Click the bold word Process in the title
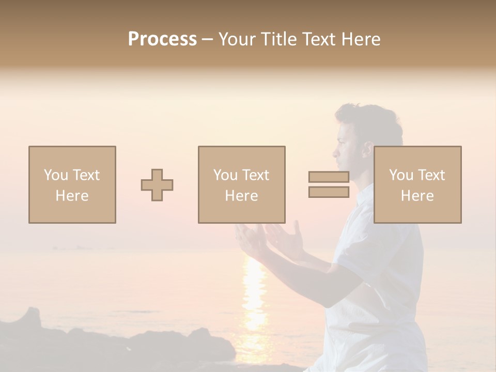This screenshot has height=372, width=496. pyautogui.click(x=162, y=39)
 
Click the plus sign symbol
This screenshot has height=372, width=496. pyautogui.click(x=157, y=185)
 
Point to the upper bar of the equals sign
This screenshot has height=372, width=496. pyautogui.click(x=329, y=177)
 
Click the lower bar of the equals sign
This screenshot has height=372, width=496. pyautogui.click(x=329, y=192)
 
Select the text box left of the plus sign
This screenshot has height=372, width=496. pyautogui.click(x=72, y=184)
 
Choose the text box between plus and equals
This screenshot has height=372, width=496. pyautogui.click(x=241, y=184)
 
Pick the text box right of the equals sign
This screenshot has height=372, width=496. pyautogui.click(x=417, y=184)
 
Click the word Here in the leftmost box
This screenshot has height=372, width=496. pyautogui.click(x=72, y=196)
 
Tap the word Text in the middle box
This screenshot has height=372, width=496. pyautogui.click(x=256, y=175)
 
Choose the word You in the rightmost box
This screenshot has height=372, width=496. pyautogui.click(x=401, y=175)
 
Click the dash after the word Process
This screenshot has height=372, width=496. pyautogui.click(x=208, y=40)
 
